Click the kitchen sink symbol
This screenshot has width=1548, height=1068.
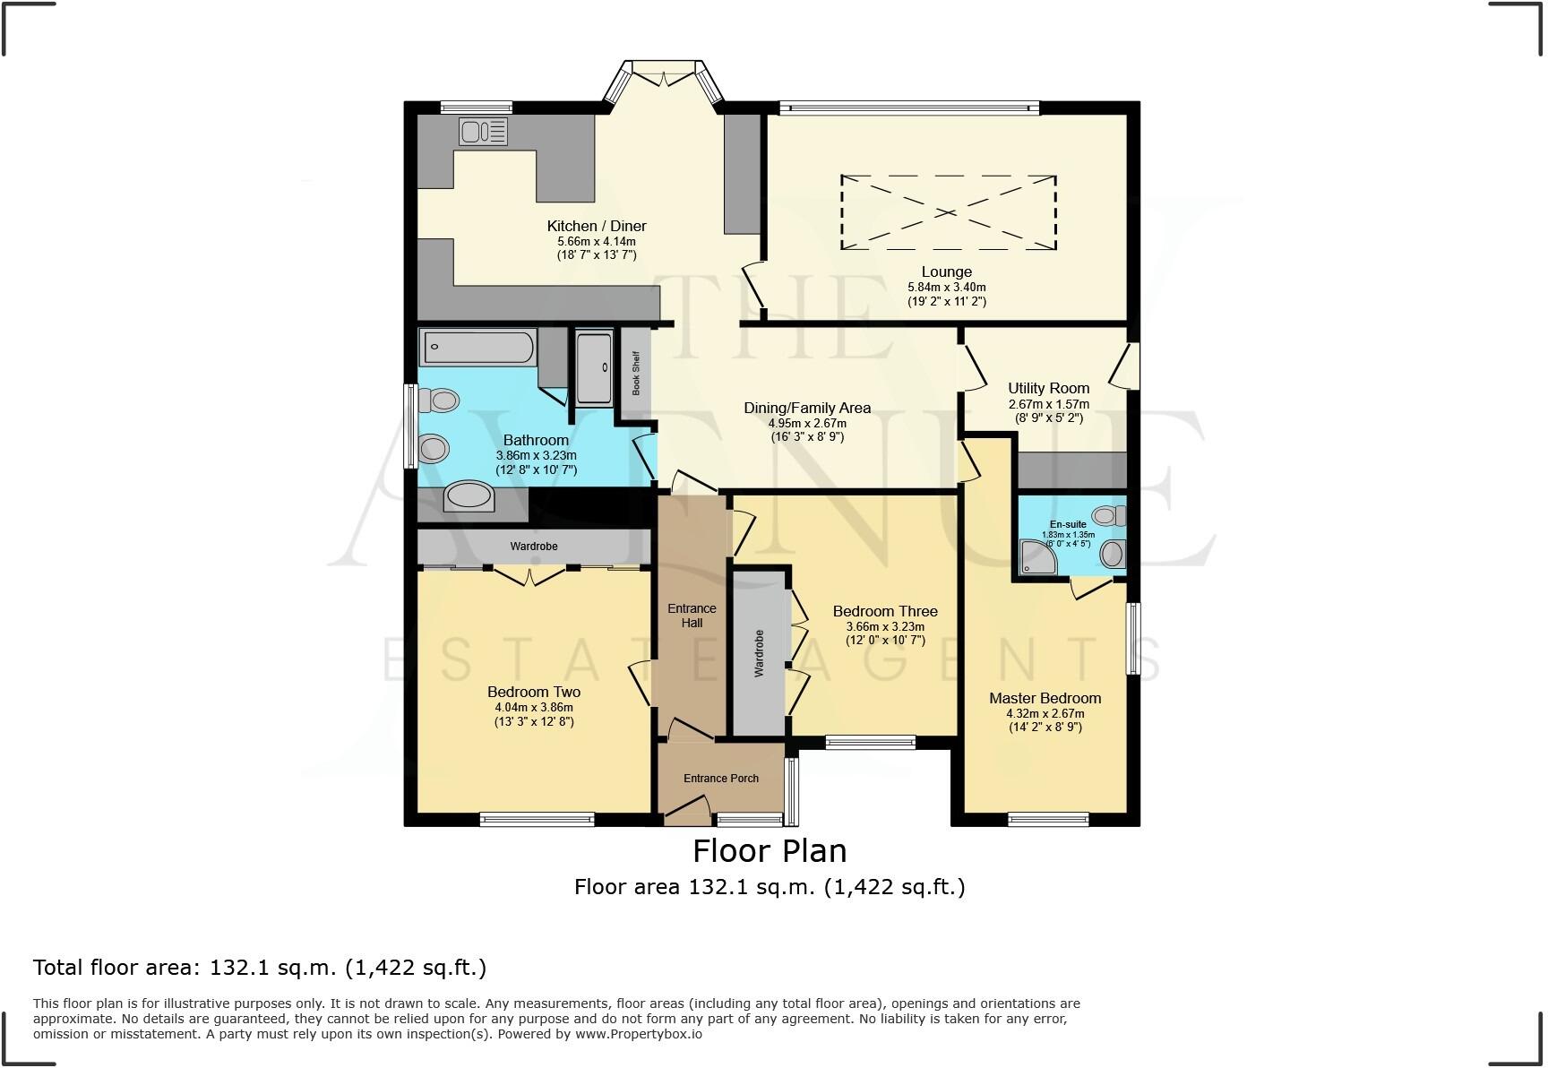483,132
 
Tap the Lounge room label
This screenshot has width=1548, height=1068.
946,271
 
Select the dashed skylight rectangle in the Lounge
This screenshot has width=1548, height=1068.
948,212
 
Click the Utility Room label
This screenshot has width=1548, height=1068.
1048,388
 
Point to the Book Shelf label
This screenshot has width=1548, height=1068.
636,374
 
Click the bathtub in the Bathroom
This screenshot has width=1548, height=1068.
479,347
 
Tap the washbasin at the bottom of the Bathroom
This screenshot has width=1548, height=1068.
469,495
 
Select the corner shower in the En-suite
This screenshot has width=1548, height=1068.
1038,556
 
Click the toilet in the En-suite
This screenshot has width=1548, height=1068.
1111,515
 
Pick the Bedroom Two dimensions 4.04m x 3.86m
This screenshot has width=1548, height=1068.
533,707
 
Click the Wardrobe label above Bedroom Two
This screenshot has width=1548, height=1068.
534,546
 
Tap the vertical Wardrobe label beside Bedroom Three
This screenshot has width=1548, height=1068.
759,652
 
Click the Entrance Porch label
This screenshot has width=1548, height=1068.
721,778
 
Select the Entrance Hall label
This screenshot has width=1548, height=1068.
692,616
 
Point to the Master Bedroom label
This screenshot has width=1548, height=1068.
1045,698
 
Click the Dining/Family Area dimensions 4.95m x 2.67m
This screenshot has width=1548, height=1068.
807,423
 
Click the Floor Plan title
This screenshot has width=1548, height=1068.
770,850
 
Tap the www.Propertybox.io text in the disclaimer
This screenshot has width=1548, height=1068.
639,1034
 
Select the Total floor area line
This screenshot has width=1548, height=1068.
260,968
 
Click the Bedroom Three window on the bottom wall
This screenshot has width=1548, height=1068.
870,742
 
